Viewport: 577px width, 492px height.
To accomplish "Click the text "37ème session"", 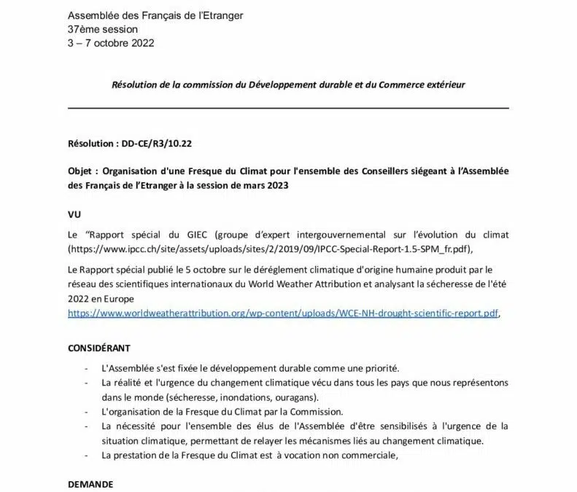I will [x=102, y=29].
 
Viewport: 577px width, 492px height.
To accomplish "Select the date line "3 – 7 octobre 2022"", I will [x=111, y=42].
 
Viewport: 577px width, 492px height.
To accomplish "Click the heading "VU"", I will [x=74, y=216].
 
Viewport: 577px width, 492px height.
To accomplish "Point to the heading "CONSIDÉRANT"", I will [x=100, y=348].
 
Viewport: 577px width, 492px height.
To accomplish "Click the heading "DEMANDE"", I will [x=90, y=484].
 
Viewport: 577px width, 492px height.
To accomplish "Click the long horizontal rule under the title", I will [x=288, y=108].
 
